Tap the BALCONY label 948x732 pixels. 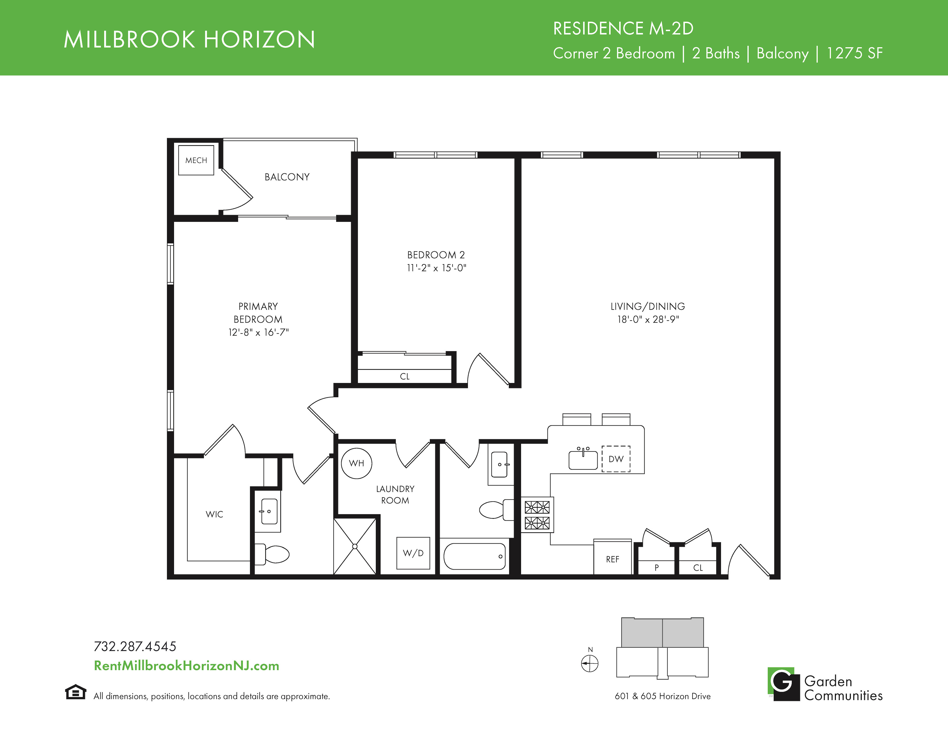click(x=287, y=177)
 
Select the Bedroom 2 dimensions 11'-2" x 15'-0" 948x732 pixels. click(x=436, y=268)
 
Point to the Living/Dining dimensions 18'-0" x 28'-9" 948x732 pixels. click(x=648, y=319)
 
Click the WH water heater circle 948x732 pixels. click(x=357, y=463)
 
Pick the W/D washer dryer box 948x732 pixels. click(x=413, y=553)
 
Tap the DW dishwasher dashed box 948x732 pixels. click(x=616, y=459)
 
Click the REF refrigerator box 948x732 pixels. click(x=612, y=557)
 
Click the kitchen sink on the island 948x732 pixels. click(x=583, y=459)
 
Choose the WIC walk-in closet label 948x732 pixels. click(x=214, y=514)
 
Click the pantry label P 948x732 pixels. click(x=657, y=567)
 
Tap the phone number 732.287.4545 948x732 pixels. click(x=135, y=646)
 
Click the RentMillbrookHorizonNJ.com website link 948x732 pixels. click(x=187, y=666)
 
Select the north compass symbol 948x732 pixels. click(x=589, y=663)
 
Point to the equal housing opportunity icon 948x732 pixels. click(x=76, y=692)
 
